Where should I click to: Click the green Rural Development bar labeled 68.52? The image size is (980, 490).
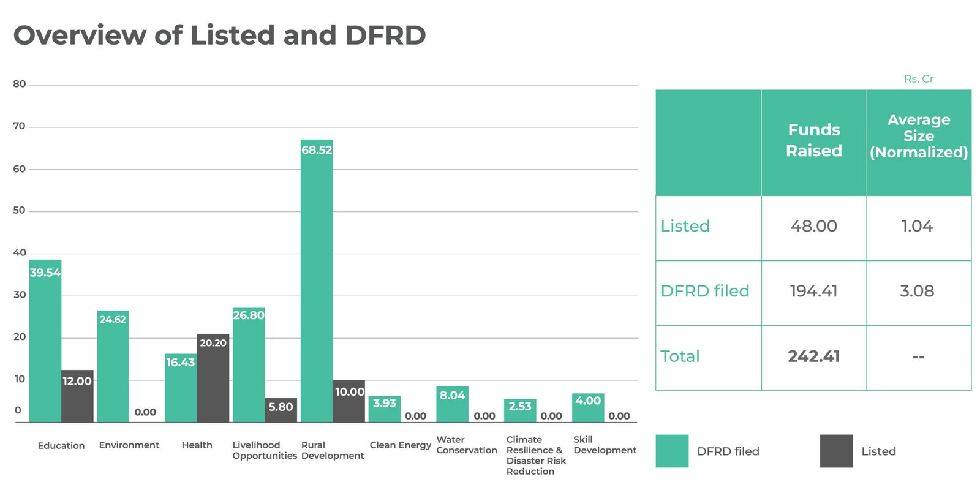tap(317, 281)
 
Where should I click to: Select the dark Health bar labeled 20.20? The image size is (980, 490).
tap(213, 378)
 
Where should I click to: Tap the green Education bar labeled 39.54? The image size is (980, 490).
tap(45, 341)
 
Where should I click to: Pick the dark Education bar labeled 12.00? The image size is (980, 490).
tap(77, 396)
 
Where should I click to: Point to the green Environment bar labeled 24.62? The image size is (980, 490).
tap(113, 367)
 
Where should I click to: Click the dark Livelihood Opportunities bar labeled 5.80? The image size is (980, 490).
tap(281, 410)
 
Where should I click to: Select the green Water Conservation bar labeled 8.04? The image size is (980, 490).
tap(453, 404)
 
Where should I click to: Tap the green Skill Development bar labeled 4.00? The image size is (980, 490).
tap(588, 408)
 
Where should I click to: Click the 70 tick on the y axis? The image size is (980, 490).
tap(19, 126)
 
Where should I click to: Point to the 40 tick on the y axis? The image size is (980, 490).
tap(20, 252)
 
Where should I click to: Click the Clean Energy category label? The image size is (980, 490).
tap(401, 445)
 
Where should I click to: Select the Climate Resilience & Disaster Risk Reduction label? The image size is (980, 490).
tap(536, 456)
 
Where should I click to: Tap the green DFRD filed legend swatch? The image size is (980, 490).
tap(672, 451)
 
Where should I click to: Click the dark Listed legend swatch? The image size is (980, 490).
tap(837, 451)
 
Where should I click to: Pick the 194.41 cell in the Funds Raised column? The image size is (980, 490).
tap(814, 291)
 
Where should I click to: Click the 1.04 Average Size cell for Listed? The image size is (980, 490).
tap(917, 226)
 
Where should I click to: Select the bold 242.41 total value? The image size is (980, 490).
tap(814, 356)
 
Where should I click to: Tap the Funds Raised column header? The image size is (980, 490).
tap(814, 140)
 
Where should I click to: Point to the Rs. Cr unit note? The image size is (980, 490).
tap(919, 79)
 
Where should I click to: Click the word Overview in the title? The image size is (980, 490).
tap(80, 35)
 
